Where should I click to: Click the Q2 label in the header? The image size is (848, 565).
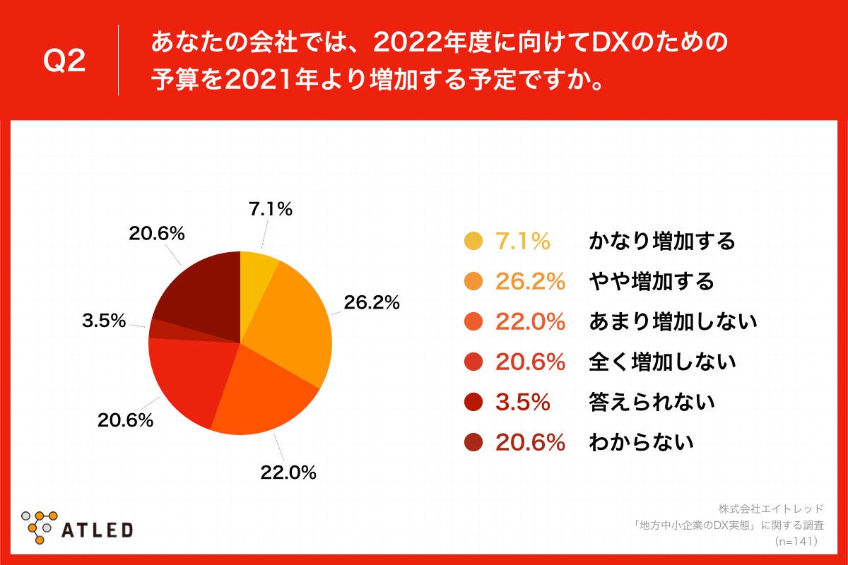(x=64, y=62)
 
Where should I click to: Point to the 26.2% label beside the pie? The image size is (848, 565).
(x=372, y=303)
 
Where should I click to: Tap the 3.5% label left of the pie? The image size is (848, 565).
(x=103, y=321)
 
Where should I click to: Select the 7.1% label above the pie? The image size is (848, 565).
(x=270, y=209)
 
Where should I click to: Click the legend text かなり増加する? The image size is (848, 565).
(x=662, y=242)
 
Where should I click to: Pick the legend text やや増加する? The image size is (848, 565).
(x=652, y=282)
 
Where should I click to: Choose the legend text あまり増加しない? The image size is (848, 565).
(x=673, y=322)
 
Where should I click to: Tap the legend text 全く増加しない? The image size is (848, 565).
(x=662, y=362)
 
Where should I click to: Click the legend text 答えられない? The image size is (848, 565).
(x=652, y=403)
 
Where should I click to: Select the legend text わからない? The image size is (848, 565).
(x=641, y=443)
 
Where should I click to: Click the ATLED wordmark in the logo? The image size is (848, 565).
(x=98, y=529)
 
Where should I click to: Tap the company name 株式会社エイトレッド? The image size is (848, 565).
(x=771, y=509)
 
